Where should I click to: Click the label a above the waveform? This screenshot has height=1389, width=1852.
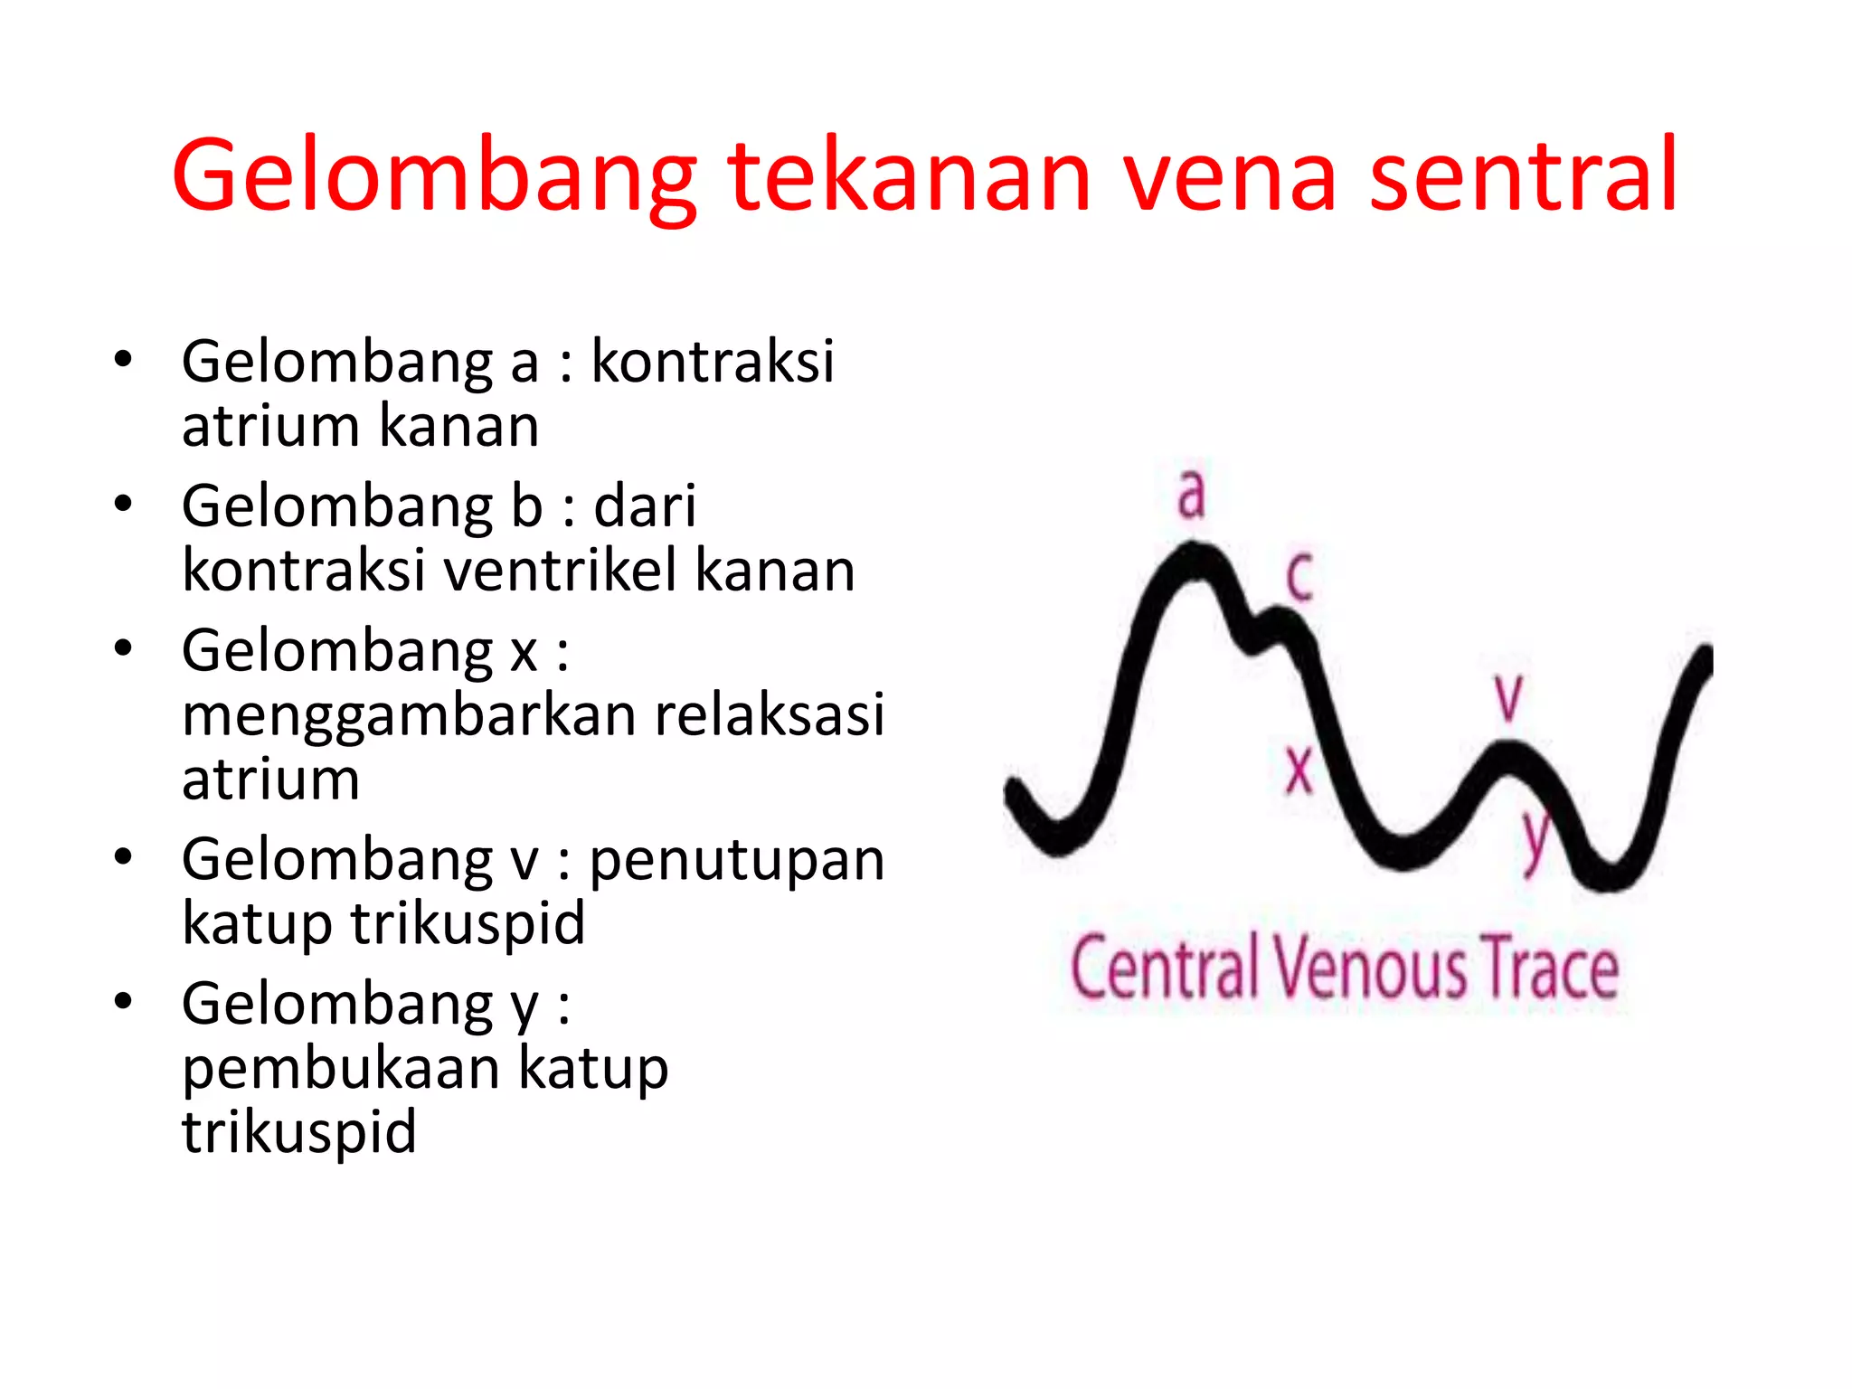[x=1192, y=494]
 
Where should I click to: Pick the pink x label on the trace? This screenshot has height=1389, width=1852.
[x=1299, y=770]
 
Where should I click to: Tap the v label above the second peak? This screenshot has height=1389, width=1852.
[x=1508, y=697]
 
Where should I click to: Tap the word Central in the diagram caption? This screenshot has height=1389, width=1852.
[x=1165, y=969]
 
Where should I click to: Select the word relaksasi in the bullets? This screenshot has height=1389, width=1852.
[x=770, y=714]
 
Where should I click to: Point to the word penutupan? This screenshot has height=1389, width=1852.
[x=737, y=859]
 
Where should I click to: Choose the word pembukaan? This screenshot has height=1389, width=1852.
[x=341, y=1068]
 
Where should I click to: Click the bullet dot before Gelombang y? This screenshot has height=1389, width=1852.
[x=124, y=1001]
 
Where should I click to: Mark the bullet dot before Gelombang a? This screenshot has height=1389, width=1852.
[x=124, y=359]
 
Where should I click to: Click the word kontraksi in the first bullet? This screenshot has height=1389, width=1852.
[x=713, y=362]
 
